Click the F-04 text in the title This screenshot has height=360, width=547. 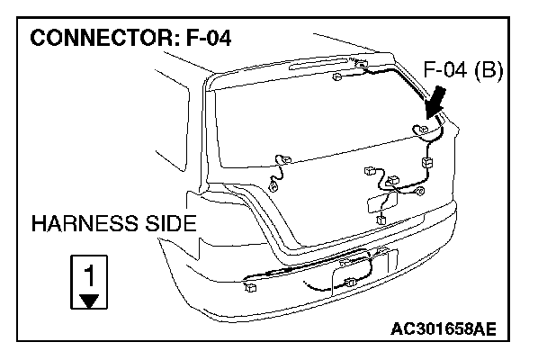pos(211,40)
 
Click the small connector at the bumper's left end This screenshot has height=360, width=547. pos(249,288)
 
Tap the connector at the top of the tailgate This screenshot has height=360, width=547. pos(362,64)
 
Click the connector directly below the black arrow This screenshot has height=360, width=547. pos(420,130)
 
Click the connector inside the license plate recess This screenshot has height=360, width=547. pos(350,283)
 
